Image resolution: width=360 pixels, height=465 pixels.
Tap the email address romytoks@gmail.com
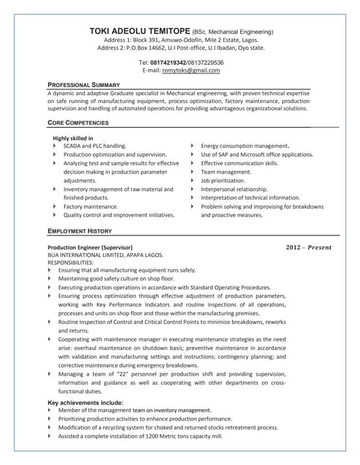click(x=191, y=70)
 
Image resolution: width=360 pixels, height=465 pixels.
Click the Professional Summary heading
click(x=83, y=85)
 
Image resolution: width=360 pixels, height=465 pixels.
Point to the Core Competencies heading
click(x=77, y=123)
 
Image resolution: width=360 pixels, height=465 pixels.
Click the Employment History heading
click(x=79, y=230)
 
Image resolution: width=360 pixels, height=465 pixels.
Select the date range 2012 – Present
click(x=308, y=248)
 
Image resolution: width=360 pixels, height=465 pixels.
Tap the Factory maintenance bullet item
click(x=90, y=207)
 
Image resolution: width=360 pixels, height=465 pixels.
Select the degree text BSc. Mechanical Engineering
click(x=233, y=33)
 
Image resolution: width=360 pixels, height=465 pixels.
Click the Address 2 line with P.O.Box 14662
click(x=181, y=48)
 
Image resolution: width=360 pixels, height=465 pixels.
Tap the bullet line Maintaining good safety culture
click(x=116, y=279)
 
